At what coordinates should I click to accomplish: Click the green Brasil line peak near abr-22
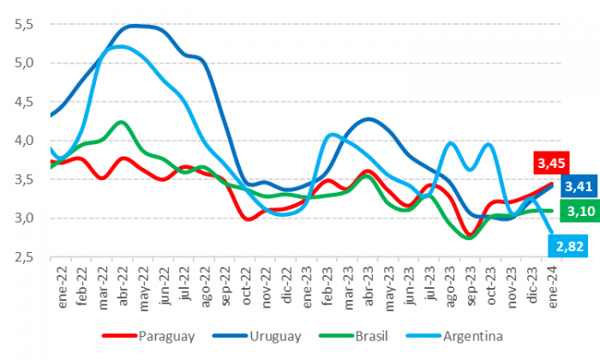[123, 123]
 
